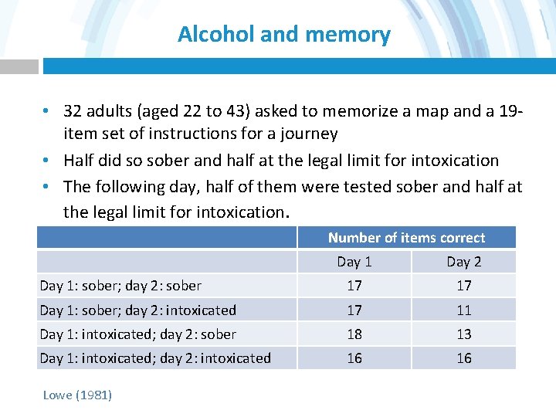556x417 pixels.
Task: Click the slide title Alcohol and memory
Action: pos(283,35)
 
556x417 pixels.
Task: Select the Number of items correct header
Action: pos(406,238)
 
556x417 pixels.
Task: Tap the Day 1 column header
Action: pos(354,262)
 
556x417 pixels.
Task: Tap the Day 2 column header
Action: pos(463,262)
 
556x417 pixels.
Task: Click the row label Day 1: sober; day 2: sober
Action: pos(120,286)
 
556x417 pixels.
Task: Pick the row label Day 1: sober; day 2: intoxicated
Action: pos(137,310)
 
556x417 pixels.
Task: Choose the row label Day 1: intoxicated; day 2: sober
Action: pos(137,334)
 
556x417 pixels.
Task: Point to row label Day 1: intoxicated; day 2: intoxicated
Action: pos(155,358)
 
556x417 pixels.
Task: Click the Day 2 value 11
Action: pos(463,310)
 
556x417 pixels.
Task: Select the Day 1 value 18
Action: pos(354,334)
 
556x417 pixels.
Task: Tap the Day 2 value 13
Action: pos(463,334)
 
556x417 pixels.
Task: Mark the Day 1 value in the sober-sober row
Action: pos(354,286)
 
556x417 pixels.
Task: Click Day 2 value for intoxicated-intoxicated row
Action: pos(463,358)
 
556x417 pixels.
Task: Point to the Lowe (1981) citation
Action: pos(77,395)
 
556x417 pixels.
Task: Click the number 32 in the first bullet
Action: pos(73,111)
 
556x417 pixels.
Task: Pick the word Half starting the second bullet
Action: pos(78,161)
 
